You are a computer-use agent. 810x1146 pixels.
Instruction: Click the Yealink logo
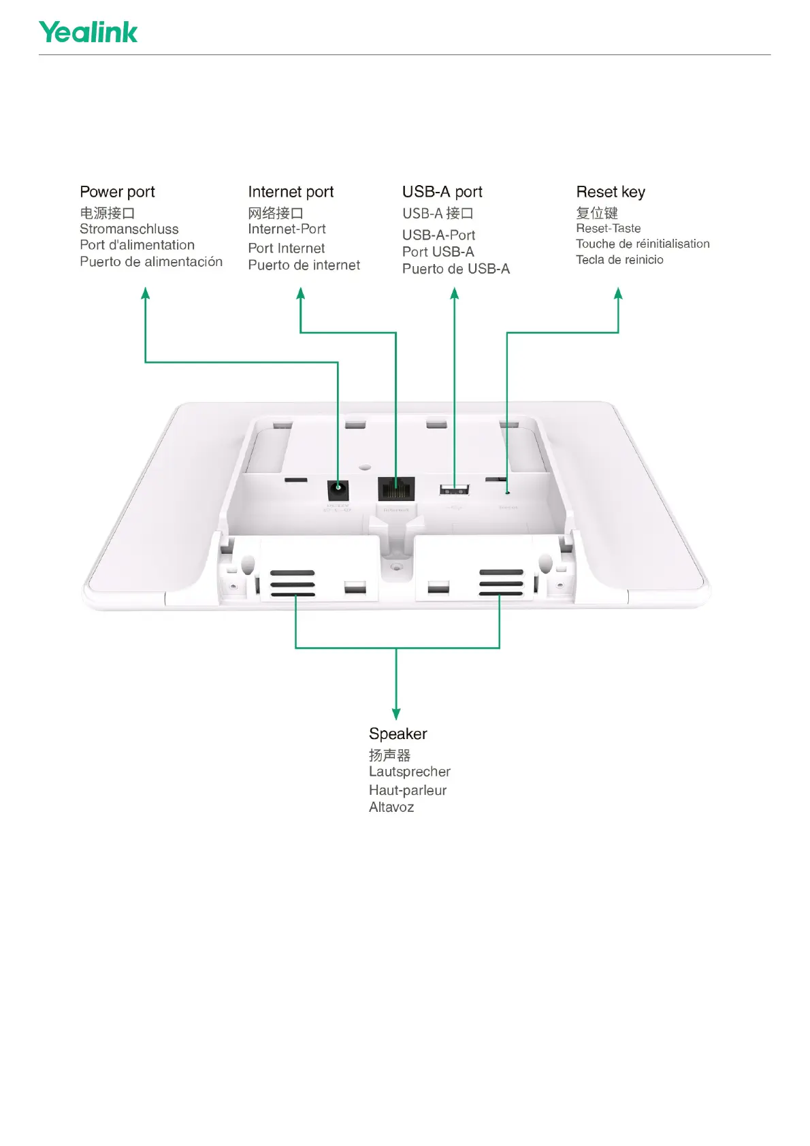[88, 32]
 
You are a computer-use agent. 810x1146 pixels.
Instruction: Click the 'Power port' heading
[117, 192]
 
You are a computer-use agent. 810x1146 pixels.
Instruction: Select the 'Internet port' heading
[291, 192]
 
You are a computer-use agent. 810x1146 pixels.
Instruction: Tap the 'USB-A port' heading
[442, 192]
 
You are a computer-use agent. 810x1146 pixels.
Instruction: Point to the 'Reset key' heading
[610, 192]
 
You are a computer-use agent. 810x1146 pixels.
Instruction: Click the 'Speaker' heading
[398, 734]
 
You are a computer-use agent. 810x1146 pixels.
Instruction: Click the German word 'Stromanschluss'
[129, 229]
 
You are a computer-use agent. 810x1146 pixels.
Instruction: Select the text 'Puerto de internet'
[304, 265]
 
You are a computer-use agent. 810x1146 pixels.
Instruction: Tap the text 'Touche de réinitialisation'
[642, 244]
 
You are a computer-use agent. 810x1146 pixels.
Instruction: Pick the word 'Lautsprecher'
[409, 772]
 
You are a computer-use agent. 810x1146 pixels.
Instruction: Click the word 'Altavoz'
[391, 807]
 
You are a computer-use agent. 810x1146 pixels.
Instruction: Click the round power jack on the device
[338, 488]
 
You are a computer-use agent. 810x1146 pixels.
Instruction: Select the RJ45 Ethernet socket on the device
[395, 488]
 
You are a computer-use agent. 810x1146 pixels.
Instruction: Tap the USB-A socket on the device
[455, 488]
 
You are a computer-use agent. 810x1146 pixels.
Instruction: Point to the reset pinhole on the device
[507, 492]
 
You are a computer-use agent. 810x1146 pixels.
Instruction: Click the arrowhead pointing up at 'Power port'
[145, 293]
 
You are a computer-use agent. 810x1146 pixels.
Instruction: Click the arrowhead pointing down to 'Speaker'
[396, 713]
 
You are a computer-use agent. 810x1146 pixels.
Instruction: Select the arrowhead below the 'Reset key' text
[618, 293]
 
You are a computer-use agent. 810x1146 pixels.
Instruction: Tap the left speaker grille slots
[293, 583]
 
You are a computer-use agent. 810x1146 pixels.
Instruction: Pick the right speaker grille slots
[501, 583]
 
